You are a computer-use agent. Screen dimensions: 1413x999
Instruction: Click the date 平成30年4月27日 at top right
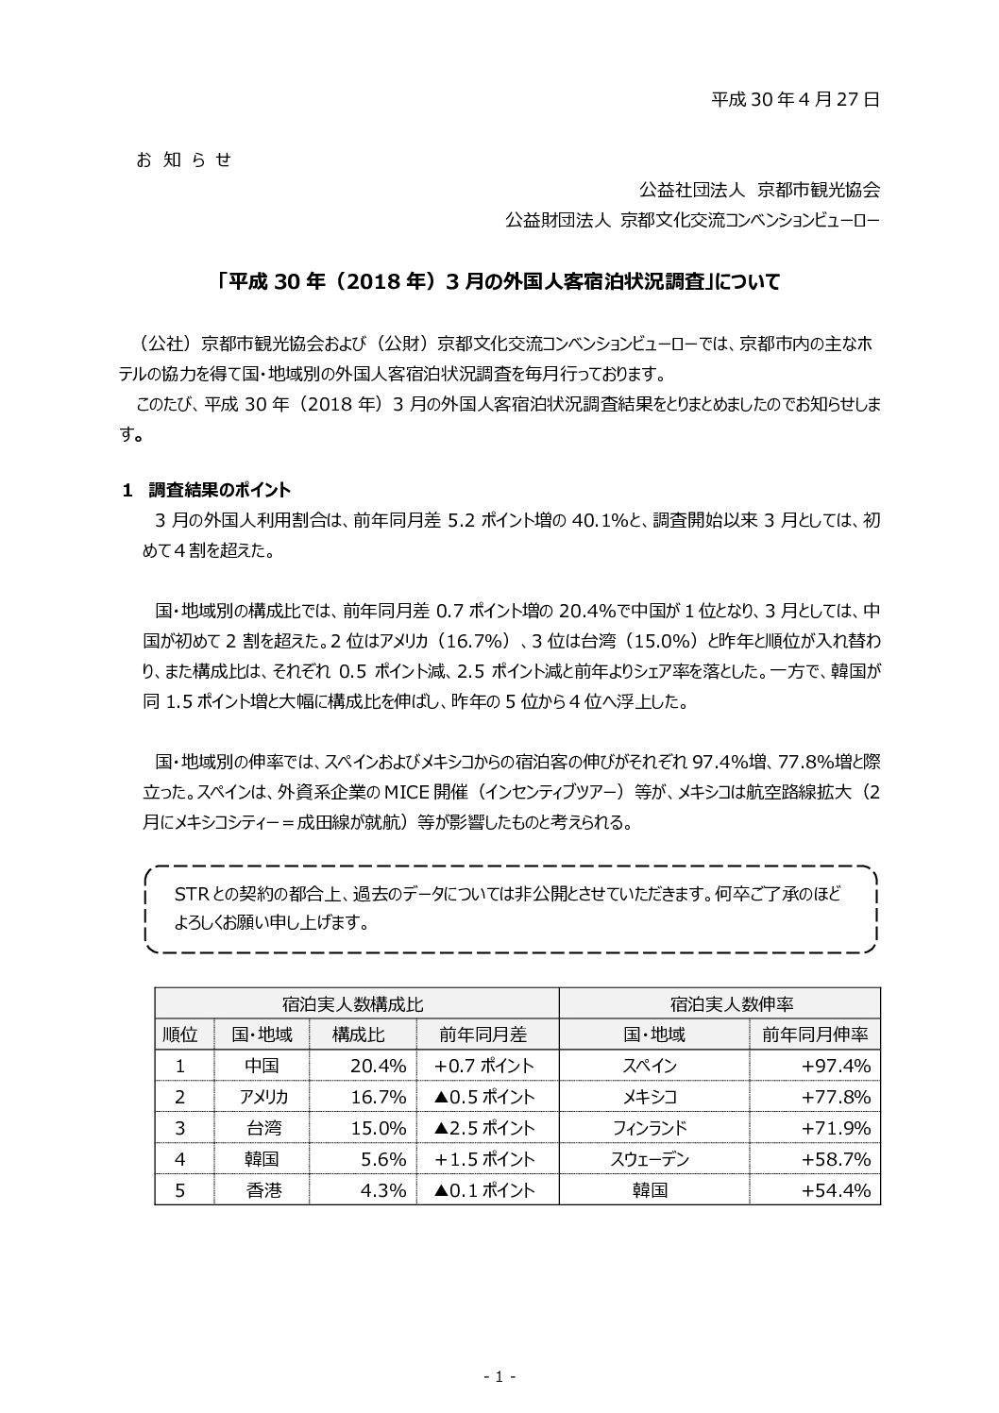pyautogui.click(x=795, y=98)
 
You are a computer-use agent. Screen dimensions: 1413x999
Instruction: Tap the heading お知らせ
pyautogui.click(x=184, y=160)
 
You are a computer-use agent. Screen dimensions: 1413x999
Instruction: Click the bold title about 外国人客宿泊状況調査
pyautogui.click(x=499, y=281)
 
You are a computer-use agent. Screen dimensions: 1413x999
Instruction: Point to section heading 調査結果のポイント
pyautogui.click(x=219, y=490)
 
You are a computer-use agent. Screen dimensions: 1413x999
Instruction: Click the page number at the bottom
pyautogui.click(x=499, y=1377)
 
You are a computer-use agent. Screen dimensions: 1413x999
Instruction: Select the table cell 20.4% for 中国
pyautogui.click(x=378, y=1066)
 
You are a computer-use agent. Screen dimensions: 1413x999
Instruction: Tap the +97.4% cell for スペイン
pyautogui.click(x=835, y=1066)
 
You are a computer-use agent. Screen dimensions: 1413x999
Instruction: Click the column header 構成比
pyautogui.click(x=358, y=1035)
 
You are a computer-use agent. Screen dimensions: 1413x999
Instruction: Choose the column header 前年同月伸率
pyautogui.click(x=814, y=1035)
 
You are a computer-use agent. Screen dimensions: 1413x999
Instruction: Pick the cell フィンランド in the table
pyautogui.click(x=650, y=1128)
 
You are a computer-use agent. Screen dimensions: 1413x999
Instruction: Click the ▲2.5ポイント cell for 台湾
pyautogui.click(x=484, y=1128)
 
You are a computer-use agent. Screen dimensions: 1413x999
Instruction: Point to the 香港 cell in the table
pyautogui.click(x=263, y=1190)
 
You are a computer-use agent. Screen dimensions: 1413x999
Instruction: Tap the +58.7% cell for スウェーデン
pyautogui.click(x=835, y=1159)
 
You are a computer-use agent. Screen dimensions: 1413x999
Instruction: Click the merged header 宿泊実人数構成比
pyautogui.click(x=356, y=1003)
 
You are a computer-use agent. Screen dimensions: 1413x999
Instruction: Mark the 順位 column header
pyautogui.click(x=180, y=1035)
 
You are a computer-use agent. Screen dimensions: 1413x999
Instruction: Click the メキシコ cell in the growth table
pyautogui.click(x=650, y=1097)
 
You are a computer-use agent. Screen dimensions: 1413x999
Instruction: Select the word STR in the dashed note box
pyautogui.click(x=192, y=893)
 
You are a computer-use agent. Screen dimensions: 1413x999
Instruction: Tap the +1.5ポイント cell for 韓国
pyautogui.click(x=484, y=1159)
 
